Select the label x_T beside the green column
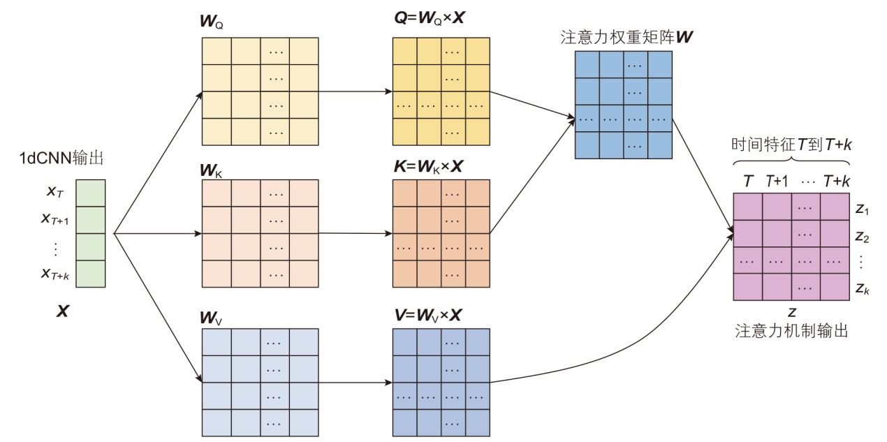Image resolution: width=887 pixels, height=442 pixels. point(55,191)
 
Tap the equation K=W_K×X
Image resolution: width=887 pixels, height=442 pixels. point(429,168)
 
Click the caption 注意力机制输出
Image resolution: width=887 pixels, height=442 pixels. point(791,331)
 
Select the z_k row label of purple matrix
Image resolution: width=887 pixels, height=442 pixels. point(862,288)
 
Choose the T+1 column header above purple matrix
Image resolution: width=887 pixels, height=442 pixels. point(776,182)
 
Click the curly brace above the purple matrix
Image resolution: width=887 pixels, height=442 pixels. point(791,163)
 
